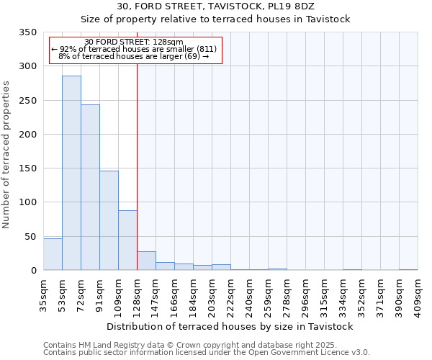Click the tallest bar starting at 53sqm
point(71,173)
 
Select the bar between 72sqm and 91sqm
point(90,187)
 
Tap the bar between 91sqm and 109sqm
point(109,220)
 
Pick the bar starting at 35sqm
point(53,254)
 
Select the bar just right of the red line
point(146,261)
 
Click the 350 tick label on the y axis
point(27,32)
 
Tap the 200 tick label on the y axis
point(27,135)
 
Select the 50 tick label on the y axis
point(30,237)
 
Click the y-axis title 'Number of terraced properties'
point(6,155)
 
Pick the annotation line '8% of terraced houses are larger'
point(133,56)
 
